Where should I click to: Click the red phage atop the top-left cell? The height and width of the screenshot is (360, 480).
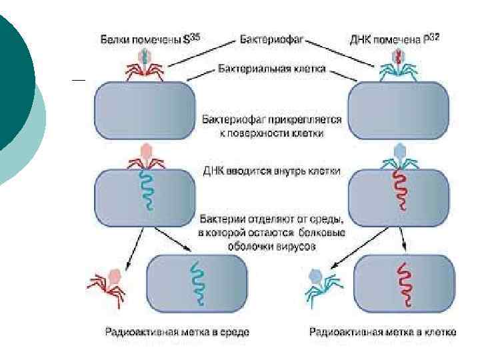[x=145, y=63]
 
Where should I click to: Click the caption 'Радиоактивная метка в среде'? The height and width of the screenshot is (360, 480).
[x=177, y=331]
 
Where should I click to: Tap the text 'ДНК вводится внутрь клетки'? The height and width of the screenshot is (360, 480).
[x=272, y=171]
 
